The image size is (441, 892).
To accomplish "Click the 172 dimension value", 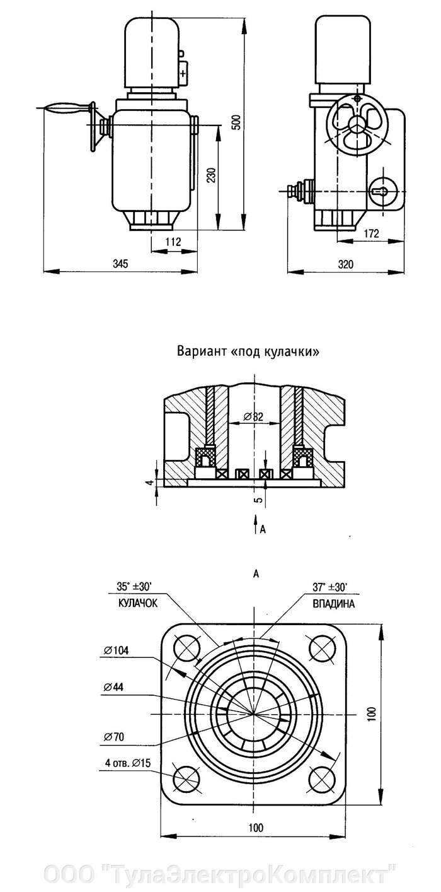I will [372, 234].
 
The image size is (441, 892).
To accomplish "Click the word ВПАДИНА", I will [333, 604].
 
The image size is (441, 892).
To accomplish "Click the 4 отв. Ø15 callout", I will [124, 763].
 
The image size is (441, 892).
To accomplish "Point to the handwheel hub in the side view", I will [357, 124].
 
